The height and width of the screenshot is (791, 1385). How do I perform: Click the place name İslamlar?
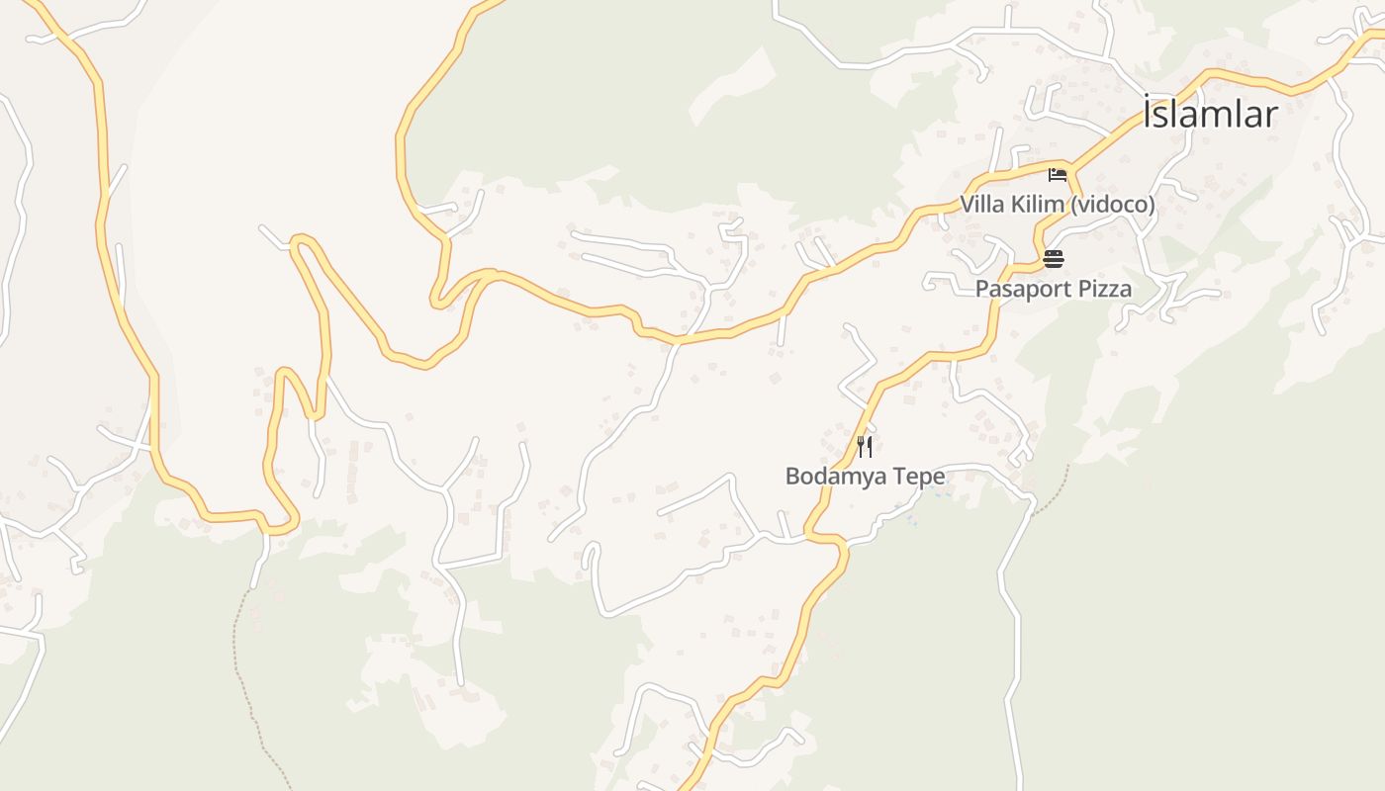[1210, 114]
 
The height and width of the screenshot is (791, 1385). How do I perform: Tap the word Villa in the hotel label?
[982, 205]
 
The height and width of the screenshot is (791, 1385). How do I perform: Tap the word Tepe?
[919, 476]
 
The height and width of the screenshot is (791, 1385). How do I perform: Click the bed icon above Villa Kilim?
[1057, 175]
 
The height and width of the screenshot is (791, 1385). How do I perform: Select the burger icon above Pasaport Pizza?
[1053, 259]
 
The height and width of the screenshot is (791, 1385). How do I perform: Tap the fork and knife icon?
[865, 446]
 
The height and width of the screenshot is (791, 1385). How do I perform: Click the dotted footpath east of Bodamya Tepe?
[1055, 483]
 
